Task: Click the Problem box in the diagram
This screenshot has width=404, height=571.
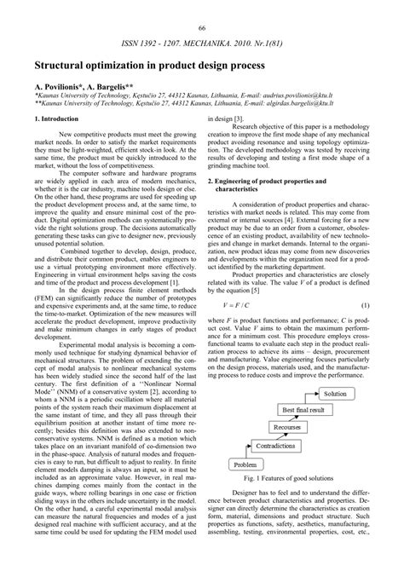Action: point(245,489)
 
